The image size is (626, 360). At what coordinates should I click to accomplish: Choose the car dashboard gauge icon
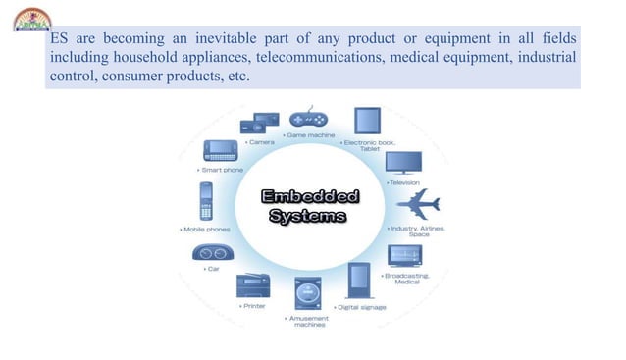pyautogui.click(x=212, y=253)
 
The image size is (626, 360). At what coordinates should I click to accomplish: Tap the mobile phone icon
pyautogui.click(x=207, y=203)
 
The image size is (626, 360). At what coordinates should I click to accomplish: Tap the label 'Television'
pyautogui.click(x=404, y=182)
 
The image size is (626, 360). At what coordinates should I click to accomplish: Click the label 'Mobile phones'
pyautogui.click(x=207, y=230)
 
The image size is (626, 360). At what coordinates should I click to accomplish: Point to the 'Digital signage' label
pyautogui.click(x=361, y=307)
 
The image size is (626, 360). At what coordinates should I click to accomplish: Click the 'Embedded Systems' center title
pyautogui.click(x=309, y=206)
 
